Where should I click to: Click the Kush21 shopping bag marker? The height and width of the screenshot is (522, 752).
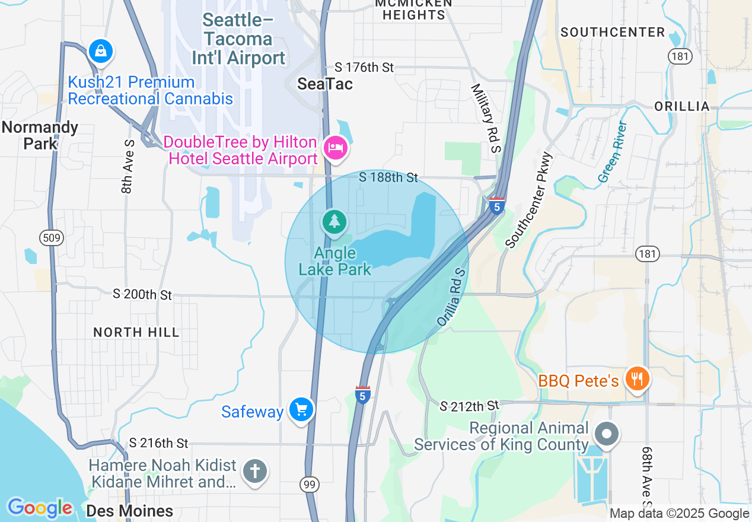pos(101,50)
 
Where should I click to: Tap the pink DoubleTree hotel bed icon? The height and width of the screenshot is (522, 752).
pos(335,147)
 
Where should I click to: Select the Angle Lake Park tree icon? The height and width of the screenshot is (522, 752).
pos(335,222)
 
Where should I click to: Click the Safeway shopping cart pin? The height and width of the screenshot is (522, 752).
pos(301,409)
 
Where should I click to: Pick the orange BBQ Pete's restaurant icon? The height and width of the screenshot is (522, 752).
pos(637,377)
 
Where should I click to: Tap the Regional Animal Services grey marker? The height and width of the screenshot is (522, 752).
pos(607,434)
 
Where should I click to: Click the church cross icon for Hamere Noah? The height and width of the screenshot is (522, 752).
pos(255,472)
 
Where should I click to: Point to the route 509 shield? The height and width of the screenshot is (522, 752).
pos(49,238)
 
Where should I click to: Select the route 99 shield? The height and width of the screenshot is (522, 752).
pos(308,485)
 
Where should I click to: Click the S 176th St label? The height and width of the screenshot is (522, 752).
pos(364,68)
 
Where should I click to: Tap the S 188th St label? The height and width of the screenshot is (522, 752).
pos(388,177)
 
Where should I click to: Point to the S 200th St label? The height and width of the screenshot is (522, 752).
pos(142,294)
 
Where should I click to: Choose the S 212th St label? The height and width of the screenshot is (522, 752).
pos(470,406)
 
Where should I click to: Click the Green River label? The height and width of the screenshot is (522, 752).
pos(613,152)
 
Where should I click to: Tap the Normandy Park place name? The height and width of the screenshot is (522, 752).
pos(40,135)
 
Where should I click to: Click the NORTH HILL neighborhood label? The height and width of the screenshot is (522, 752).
pos(136,332)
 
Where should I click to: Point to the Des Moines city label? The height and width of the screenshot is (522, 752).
pos(129,511)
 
